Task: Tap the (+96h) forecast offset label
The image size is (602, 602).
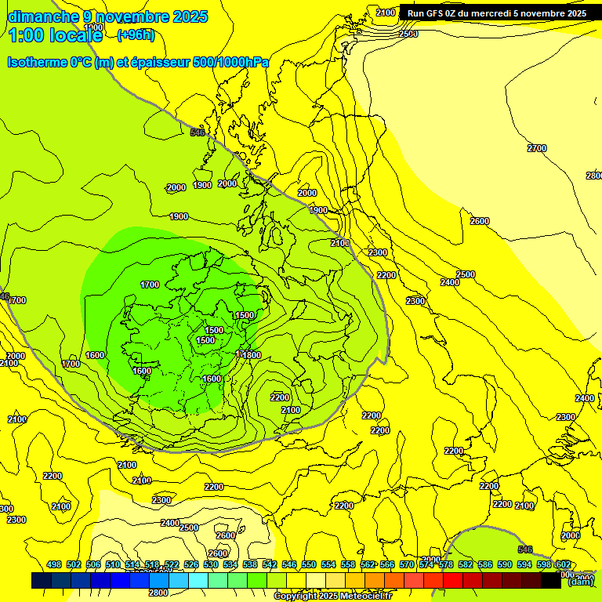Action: (136, 34)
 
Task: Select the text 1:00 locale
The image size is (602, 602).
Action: (55, 35)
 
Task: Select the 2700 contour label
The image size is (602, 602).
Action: (537, 148)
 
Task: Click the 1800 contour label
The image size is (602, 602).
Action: (251, 355)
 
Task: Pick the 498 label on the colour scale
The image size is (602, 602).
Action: (54, 564)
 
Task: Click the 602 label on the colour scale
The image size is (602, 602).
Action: (564, 564)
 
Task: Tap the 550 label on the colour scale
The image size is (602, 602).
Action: (309, 564)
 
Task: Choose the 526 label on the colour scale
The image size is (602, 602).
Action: (191, 564)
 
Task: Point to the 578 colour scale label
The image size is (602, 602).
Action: (446, 564)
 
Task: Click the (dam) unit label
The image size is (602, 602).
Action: (580, 581)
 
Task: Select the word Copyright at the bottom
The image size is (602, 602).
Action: (296, 597)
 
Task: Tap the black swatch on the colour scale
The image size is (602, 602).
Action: (551, 580)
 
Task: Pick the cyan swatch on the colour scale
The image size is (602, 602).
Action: (198, 580)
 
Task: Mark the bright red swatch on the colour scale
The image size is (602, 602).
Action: (453, 580)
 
